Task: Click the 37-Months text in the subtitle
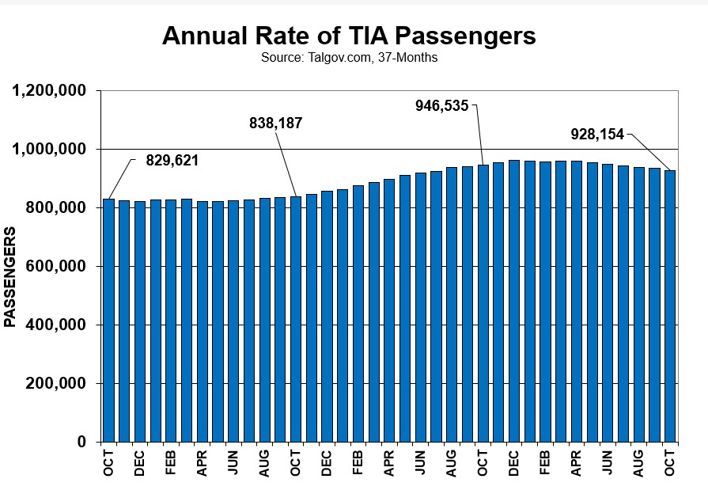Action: click(411, 58)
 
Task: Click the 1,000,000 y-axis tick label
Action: click(49, 149)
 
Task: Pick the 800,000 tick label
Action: click(55, 207)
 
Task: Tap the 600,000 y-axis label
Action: click(55, 266)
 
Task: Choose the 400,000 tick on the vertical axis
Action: click(55, 325)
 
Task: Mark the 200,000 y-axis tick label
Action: click(55, 383)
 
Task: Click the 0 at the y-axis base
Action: click(81, 442)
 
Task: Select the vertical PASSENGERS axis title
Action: click(10, 277)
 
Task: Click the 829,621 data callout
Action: click(172, 160)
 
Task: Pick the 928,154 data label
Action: click(597, 135)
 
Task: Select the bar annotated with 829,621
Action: click(108, 320)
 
